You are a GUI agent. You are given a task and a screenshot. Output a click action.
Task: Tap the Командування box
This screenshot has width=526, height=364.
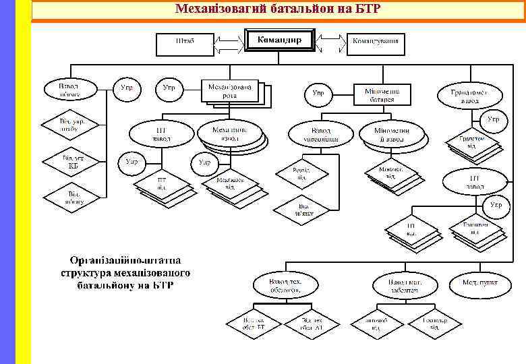click(x=376, y=42)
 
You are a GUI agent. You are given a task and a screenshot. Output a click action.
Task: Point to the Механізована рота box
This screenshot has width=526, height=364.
click(x=230, y=90)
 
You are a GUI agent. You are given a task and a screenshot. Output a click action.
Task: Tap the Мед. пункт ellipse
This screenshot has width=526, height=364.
click(x=480, y=282)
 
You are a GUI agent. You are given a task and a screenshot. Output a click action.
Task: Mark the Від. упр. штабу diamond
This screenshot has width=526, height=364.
click(x=71, y=126)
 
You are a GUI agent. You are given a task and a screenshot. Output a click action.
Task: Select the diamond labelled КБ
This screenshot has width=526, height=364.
click(x=73, y=162)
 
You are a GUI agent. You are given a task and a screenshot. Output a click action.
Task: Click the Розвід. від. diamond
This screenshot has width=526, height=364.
click(x=301, y=173)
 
